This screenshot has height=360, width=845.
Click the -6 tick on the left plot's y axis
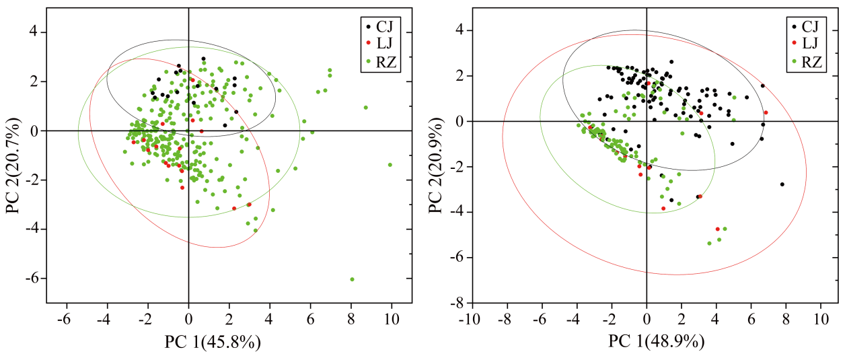pyautogui.click(x=34, y=279)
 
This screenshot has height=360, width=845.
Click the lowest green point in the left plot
pyautogui.click(x=352, y=279)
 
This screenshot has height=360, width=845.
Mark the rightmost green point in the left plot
pyautogui.click(x=390, y=165)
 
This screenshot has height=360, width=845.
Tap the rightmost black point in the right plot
pyautogui.click(x=782, y=184)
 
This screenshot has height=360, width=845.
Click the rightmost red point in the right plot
pyautogui.click(x=766, y=112)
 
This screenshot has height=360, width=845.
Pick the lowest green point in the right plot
pyautogui.click(x=709, y=243)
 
